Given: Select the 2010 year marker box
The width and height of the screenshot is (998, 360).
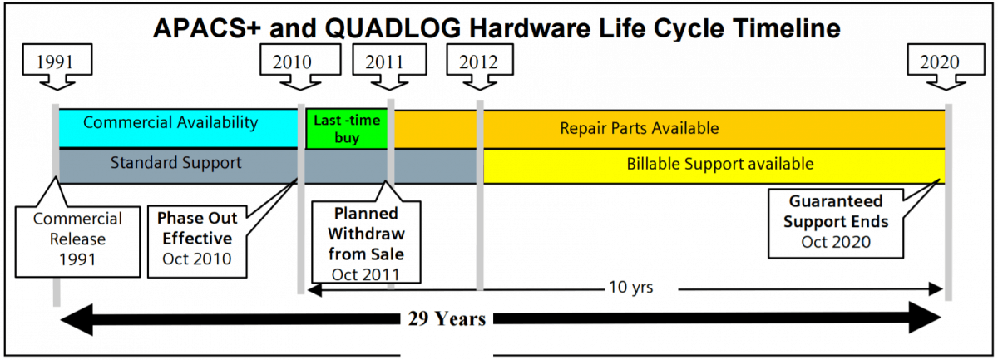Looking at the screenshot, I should (292, 62).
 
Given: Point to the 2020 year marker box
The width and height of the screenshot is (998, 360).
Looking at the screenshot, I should (940, 62).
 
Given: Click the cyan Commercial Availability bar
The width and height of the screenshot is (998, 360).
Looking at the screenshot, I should (170, 123).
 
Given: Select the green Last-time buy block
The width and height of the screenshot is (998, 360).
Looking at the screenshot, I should (347, 130).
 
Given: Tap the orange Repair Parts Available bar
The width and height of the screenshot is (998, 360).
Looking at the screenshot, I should (639, 129).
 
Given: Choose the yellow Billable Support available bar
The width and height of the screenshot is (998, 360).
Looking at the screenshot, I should (719, 164).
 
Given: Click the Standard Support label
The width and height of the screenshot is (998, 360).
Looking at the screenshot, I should (176, 163).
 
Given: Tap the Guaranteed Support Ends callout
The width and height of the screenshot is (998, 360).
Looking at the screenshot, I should (835, 222).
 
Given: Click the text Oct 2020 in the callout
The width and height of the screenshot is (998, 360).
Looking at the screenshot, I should (835, 242).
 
